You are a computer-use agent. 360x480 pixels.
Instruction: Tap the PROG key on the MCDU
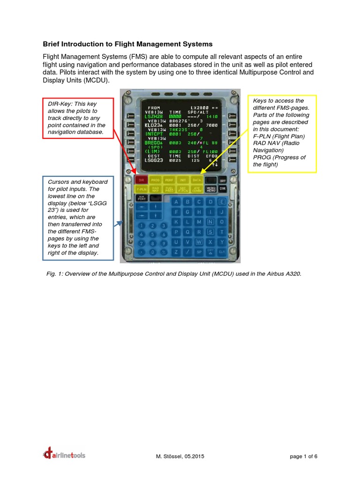tap(155, 180)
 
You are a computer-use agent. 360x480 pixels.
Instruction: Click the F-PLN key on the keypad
tap(141, 189)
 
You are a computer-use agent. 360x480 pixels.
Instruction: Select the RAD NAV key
tap(155, 189)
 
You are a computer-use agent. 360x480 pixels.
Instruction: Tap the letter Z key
tap(176, 252)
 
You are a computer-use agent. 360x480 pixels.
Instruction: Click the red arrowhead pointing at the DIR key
tap(136, 174)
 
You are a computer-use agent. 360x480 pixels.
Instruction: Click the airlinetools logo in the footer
tap(64, 454)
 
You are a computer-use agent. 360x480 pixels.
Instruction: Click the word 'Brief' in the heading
tap(52, 44)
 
